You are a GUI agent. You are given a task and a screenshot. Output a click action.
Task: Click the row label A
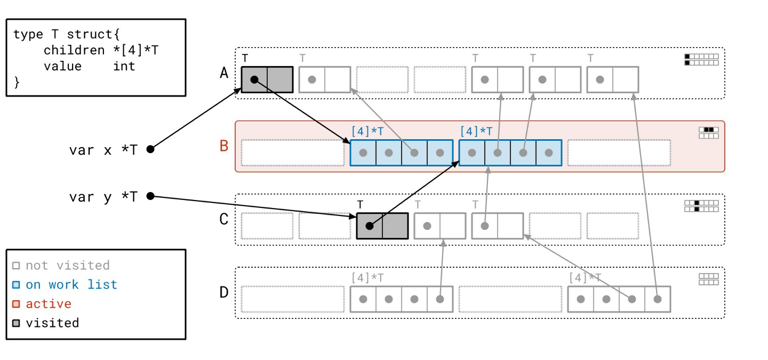tap(224, 73)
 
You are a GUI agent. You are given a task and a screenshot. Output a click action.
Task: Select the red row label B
tap(224, 146)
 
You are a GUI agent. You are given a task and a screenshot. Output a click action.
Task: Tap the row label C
tap(224, 219)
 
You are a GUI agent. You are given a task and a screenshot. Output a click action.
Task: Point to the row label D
tap(224, 292)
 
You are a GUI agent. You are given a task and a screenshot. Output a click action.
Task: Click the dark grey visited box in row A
tap(267, 79)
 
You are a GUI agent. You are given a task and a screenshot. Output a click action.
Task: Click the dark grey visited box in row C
tap(382, 226)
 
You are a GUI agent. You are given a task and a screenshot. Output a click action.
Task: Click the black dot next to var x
tap(150, 149)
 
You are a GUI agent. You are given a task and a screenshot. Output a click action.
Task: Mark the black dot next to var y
tap(150, 196)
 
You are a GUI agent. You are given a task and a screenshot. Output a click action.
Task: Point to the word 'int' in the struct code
tap(124, 67)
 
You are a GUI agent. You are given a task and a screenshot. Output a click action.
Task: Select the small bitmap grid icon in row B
tap(709, 133)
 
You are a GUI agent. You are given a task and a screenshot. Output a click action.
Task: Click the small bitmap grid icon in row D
tap(709, 279)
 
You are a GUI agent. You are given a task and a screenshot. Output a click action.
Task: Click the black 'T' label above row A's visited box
tap(245, 58)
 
